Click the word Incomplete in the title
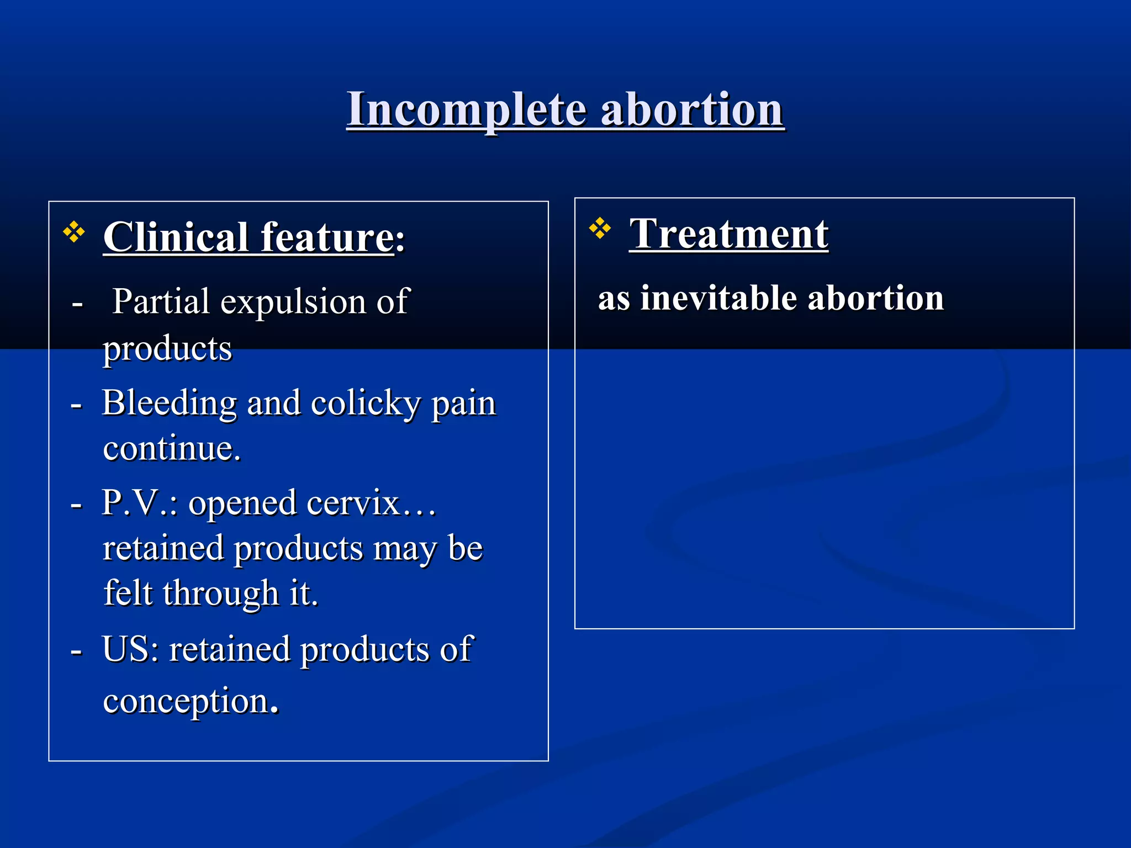(x=466, y=110)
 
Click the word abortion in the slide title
(x=692, y=110)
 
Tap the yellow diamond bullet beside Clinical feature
(x=74, y=232)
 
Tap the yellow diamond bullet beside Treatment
(x=600, y=228)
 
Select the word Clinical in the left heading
(x=176, y=237)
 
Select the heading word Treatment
(x=728, y=234)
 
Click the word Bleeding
(x=170, y=402)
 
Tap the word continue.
(x=171, y=448)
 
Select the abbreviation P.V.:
(x=140, y=503)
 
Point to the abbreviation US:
(x=130, y=649)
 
